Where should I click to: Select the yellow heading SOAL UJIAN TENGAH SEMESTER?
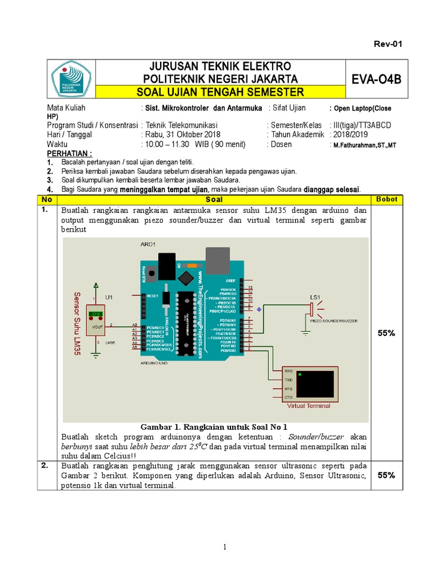coord(224,92)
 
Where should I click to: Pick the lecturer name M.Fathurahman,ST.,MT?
coord(362,145)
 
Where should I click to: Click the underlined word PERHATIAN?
coord(69,154)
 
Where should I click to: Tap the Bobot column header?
coord(387,199)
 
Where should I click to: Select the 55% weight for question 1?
coord(387,332)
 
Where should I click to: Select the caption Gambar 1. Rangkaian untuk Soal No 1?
coord(213,427)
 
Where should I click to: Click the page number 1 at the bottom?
coord(226,547)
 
